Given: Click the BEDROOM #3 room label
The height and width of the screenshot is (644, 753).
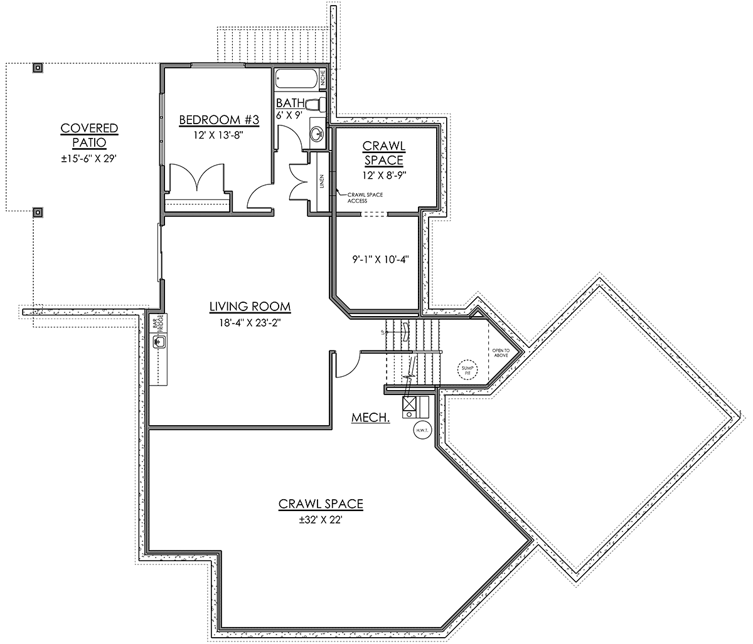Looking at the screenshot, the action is point(219,120).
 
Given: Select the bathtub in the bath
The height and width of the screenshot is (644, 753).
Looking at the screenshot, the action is point(297,78).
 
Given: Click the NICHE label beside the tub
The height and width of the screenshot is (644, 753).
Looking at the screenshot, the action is point(323,78).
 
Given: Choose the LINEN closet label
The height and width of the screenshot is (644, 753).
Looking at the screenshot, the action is point(322,181).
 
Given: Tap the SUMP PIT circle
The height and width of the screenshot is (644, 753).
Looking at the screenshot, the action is point(467,370).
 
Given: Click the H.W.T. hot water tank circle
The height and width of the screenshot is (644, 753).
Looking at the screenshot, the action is point(422,430).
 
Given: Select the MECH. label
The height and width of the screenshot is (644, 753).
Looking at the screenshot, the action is point(370,418).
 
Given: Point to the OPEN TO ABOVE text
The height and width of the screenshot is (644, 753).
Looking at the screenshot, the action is point(501,353).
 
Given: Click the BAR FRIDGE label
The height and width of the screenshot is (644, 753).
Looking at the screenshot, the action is point(158,323).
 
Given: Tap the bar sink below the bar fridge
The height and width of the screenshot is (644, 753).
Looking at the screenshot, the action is point(159,342).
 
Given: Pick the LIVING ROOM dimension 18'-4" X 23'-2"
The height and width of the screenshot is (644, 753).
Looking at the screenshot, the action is point(250,323).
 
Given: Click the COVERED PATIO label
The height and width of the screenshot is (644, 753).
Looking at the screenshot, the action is point(89,135).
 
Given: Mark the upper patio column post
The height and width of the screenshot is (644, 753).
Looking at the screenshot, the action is point(38,68).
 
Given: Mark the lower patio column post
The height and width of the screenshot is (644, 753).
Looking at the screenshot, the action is point(38,212).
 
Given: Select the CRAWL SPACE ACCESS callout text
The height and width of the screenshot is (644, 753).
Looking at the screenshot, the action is point(365,198).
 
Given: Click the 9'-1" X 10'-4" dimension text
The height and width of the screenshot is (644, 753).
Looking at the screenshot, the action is point(380,260).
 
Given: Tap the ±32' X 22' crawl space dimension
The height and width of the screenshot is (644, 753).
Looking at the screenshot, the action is point(321,520).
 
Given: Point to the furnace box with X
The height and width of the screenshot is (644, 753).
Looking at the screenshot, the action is point(409,403).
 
